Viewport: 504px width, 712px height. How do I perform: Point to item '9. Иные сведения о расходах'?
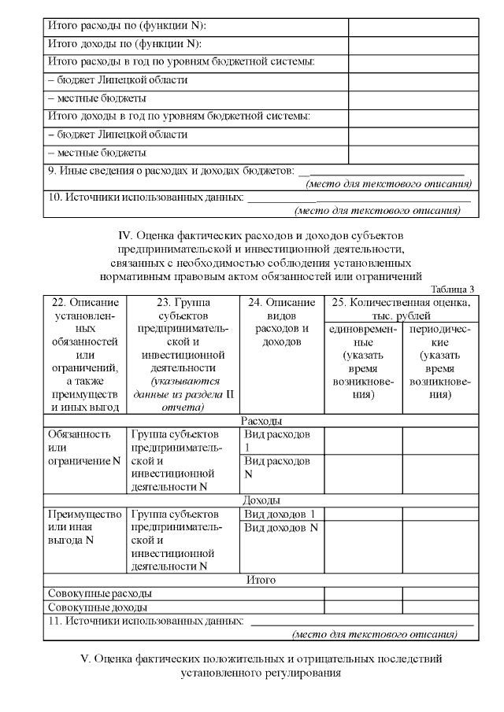pos(170,170)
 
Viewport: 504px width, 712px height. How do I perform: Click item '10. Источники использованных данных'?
pos(146,197)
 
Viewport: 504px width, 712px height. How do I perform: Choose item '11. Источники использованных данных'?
pos(146,621)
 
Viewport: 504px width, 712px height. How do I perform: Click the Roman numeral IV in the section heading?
pos(124,234)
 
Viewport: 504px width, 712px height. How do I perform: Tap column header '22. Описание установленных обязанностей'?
pos(84,354)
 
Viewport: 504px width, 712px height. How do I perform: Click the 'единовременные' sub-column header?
pos(363,362)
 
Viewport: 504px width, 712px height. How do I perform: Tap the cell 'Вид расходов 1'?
pos(277,441)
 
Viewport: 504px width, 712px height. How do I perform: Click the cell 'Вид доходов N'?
pos(281,527)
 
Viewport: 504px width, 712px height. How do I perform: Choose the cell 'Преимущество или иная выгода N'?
pos(84,527)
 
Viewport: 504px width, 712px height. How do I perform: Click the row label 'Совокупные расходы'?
pos(100,593)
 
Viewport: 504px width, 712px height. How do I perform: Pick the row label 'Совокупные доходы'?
pos(98,607)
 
